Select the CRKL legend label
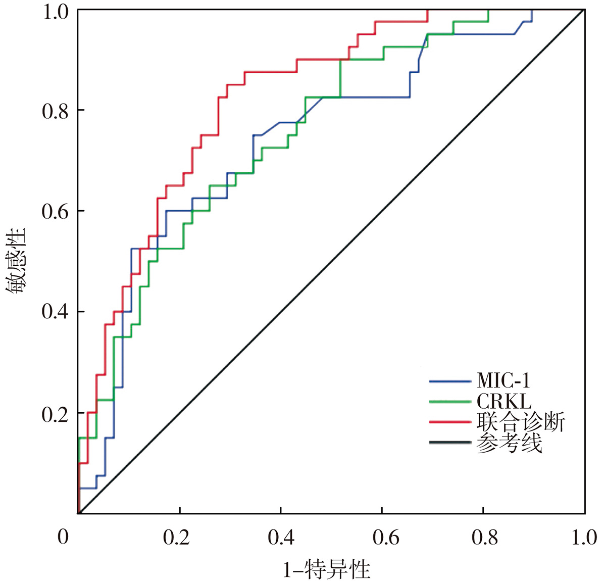tap(503, 402)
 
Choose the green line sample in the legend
tap(450, 402)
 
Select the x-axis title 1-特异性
tap(327, 570)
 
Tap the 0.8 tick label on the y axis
tap(56, 110)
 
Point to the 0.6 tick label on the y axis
tap(56, 211)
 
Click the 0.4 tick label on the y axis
tap(56, 312)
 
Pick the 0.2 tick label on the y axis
tap(56, 413)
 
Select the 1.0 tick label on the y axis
tap(56, 12)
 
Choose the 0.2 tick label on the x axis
tap(177, 537)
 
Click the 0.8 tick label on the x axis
tap(485, 537)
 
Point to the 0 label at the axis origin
tap(63, 537)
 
